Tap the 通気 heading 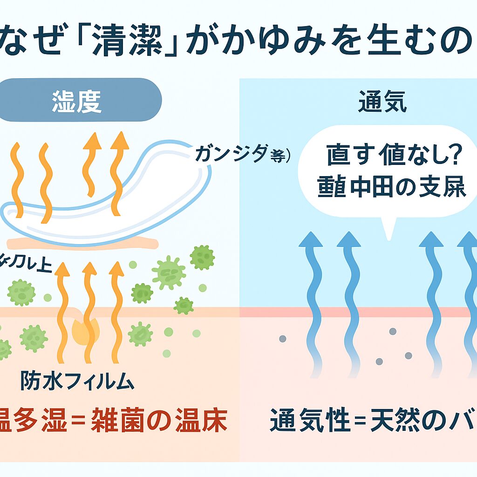pyautogui.click(x=382, y=103)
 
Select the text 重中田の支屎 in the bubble pyautogui.click(x=391, y=188)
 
